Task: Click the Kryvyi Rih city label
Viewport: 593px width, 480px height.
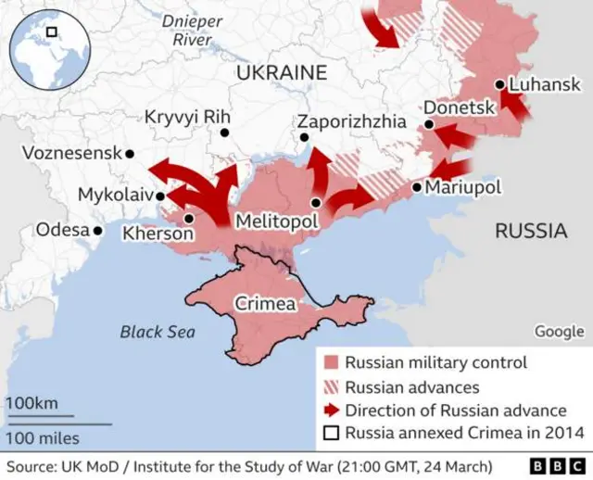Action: click(x=187, y=117)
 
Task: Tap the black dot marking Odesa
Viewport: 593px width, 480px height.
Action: click(x=97, y=230)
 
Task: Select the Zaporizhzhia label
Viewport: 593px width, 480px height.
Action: click(x=351, y=121)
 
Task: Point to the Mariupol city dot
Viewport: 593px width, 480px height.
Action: click(x=417, y=187)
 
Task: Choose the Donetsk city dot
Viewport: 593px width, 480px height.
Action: click(x=429, y=125)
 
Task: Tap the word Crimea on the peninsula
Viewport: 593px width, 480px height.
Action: click(x=265, y=304)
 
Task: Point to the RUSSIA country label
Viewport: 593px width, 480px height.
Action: click(x=530, y=231)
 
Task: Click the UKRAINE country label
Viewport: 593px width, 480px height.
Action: click(x=282, y=72)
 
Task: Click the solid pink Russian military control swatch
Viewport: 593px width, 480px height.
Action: click(x=331, y=363)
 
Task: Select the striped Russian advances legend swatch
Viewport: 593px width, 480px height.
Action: click(x=331, y=387)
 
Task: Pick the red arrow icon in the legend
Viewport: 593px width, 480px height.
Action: click(x=331, y=411)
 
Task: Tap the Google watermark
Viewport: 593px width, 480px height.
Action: click(x=559, y=332)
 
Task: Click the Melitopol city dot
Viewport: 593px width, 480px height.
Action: click(x=317, y=202)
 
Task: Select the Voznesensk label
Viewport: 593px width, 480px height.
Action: click(x=70, y=153)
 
